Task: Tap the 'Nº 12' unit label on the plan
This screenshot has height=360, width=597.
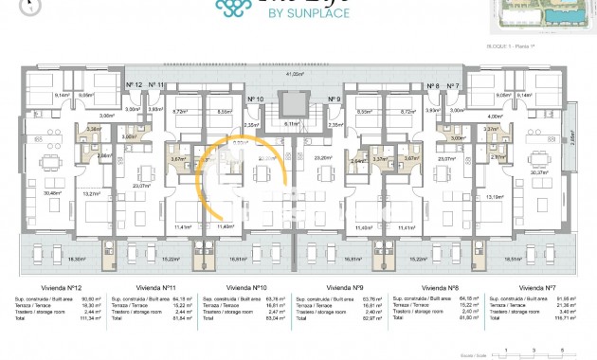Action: click(x=134, y=85)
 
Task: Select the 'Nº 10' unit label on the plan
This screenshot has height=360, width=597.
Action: click(x=254, y=99)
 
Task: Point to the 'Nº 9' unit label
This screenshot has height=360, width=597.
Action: click(x=334, y=99)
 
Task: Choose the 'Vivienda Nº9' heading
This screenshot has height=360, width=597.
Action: click(x=342, y=285)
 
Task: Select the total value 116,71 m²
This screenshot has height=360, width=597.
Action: click(x=566, y=319)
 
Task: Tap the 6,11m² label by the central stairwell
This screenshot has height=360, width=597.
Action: click(x=294, y=122)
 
